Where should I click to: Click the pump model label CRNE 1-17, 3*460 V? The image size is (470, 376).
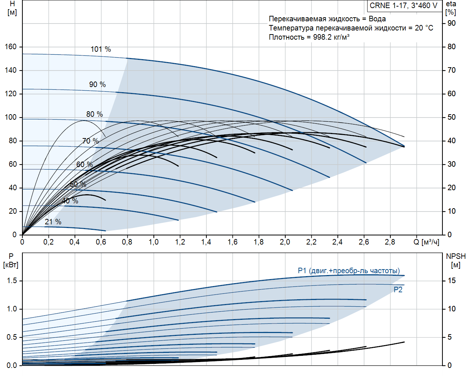point(404,6)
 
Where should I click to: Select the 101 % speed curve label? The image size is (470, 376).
point(101,49)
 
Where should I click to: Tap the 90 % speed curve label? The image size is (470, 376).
point(97,84)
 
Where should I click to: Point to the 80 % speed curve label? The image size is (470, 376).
point(94,114)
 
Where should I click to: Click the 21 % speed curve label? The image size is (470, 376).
point(53,222)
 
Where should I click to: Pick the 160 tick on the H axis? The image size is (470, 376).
point(11,47)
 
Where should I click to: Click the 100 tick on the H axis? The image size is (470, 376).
point(11,117)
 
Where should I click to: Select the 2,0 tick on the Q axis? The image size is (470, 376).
point(285,242)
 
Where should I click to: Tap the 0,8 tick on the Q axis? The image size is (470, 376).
point(127,242)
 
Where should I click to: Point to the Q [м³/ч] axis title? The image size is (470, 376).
point(426,242)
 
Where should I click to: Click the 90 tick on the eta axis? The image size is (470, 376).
point(451,23)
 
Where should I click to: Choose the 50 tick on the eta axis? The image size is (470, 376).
point(451,117)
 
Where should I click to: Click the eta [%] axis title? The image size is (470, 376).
point(451,8)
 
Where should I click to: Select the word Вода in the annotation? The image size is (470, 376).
point(377,19)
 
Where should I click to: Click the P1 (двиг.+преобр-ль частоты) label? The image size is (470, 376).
point(349,271)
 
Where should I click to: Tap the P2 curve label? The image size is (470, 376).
point(398,290)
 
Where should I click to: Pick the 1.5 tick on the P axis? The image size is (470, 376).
point(12,281)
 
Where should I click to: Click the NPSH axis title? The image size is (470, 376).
point(456,256)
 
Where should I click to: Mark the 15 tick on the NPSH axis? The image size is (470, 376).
point(451,281)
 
